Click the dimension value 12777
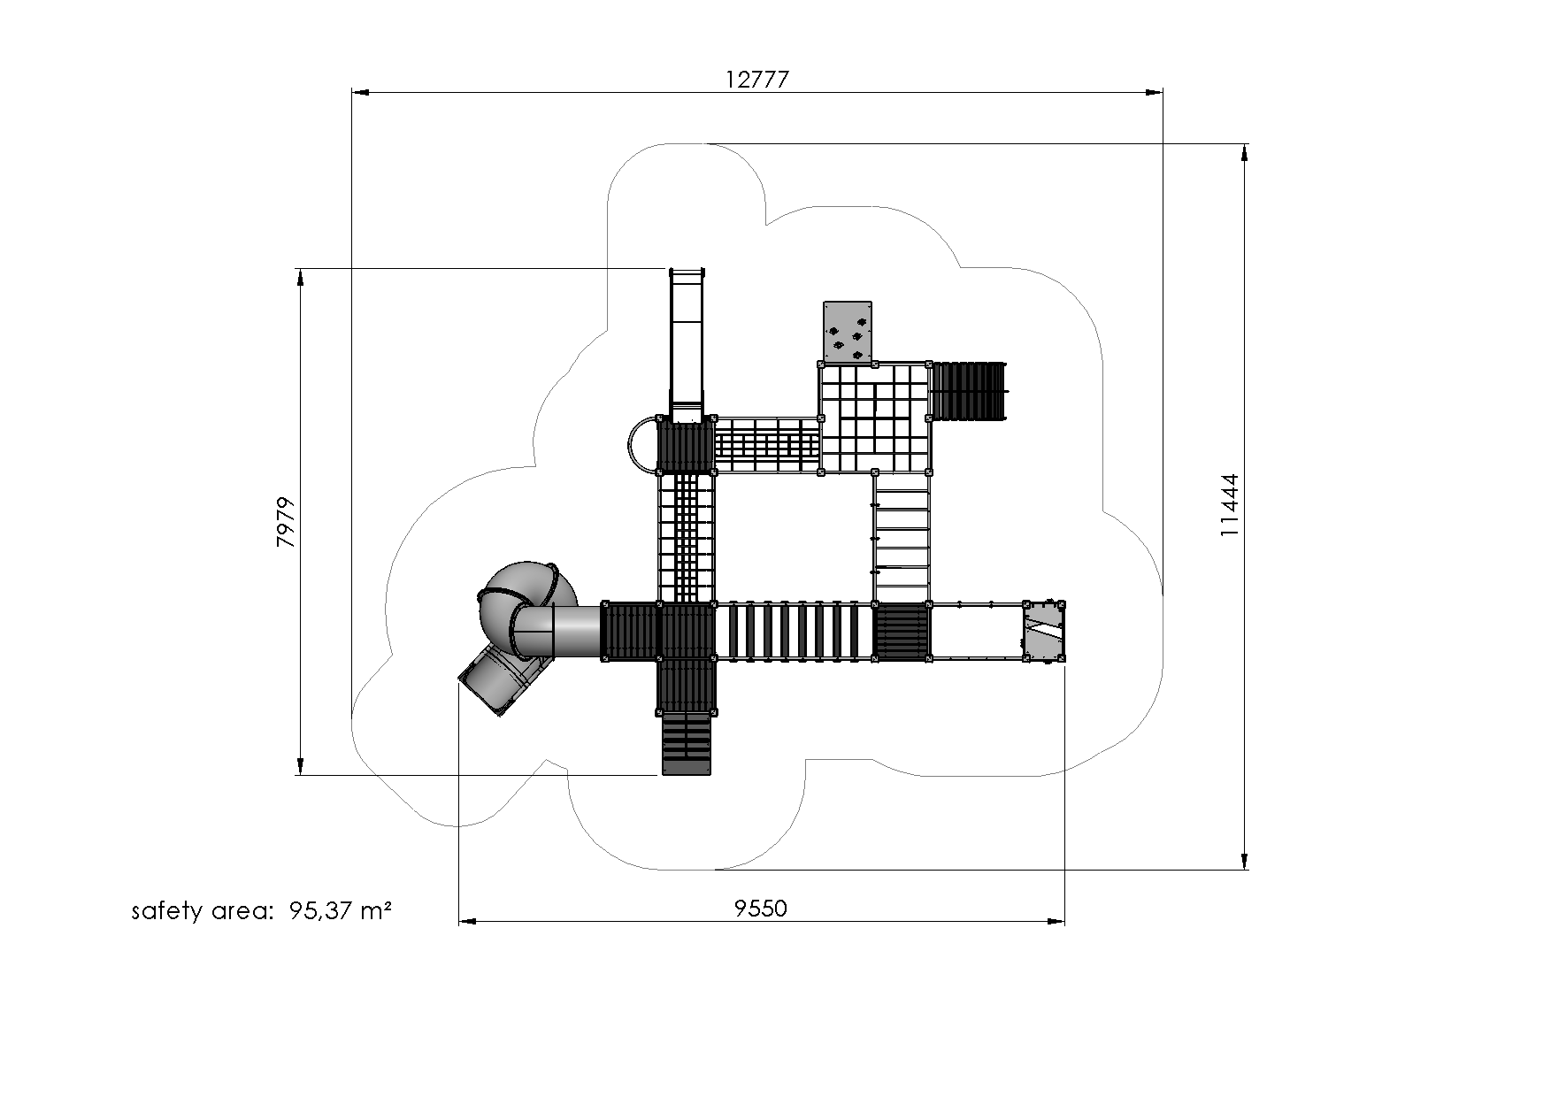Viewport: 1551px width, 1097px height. click(756, 80)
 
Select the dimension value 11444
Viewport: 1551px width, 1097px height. click(1230, 506)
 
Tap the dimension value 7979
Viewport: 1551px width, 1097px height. click(286, 523)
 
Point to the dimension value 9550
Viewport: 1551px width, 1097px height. click(761, 908)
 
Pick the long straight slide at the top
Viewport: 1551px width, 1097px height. click(687, 346)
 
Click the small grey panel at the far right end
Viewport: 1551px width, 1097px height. click(1044, 631)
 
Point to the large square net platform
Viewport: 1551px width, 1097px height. click(874, 417)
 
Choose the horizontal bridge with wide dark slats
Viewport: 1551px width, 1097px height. click(794, 631)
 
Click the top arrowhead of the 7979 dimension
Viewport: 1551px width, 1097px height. click(300, 277)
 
